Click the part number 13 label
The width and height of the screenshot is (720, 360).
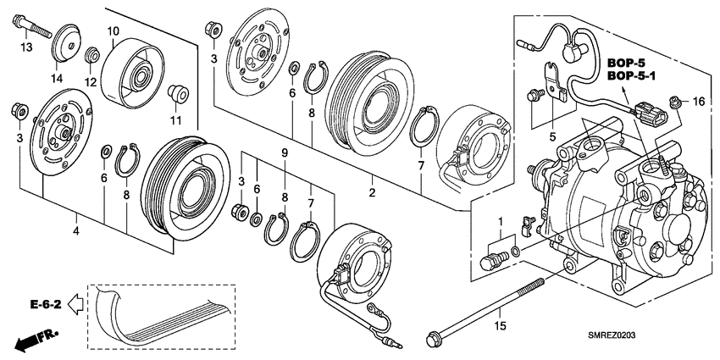pyautogui.click(x=26, y=47)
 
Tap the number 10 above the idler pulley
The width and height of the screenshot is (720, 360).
pyautogui.click(x=114, y=31)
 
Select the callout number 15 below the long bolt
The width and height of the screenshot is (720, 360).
pyautogui.click(x=500, y=326)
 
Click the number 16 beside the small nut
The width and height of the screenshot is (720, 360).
pyautogui.click(x=699, y=102)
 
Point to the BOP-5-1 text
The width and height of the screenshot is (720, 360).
pyautogui.click(x=631, y=75)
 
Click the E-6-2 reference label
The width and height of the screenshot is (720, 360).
pyautogui.click(x=46, y=304)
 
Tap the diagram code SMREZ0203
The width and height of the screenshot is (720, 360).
pyautogui.click(x=612, y=336)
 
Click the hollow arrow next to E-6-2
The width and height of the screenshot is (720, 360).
pyautogui.click(x=75, y=303)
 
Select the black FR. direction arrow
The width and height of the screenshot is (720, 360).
pyautogui.click(x=35, y=340)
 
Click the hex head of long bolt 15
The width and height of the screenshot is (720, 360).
pyautogui.click(x=432, y=340)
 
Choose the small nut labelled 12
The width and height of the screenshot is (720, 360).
pyautogui.click(x=92, y=54)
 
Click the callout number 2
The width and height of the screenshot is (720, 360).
pyautogui.click(x=372, y=193)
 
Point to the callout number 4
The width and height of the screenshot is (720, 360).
pyautogui.click(x=75, y=231)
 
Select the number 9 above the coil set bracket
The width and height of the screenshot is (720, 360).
pyautogui.click(x=285, y=152)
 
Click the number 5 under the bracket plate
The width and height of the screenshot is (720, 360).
pyautogui.click(x=553, y=136)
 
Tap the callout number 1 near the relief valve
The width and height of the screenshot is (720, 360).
pyautogui.click(x=501, y=223)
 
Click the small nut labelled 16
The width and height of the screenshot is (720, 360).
pyautogui.click(x=674, y=102)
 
